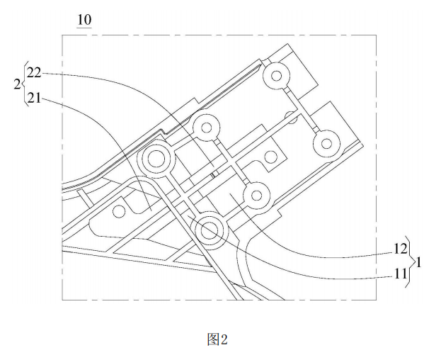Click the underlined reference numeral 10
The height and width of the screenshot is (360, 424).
[84, 20]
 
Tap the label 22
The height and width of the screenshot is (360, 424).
[34, 73]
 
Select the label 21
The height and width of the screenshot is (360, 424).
[34, 98]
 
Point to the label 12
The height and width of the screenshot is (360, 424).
[400, 249]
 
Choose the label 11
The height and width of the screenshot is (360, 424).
[400, 274]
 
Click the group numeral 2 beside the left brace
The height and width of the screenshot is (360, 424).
[17, 85]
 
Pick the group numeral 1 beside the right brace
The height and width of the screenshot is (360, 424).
[418, 262]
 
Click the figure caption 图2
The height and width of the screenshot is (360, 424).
[217, 339]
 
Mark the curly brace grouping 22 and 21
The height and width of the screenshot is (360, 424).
[25, 85]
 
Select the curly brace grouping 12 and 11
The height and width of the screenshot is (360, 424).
[411, 262]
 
